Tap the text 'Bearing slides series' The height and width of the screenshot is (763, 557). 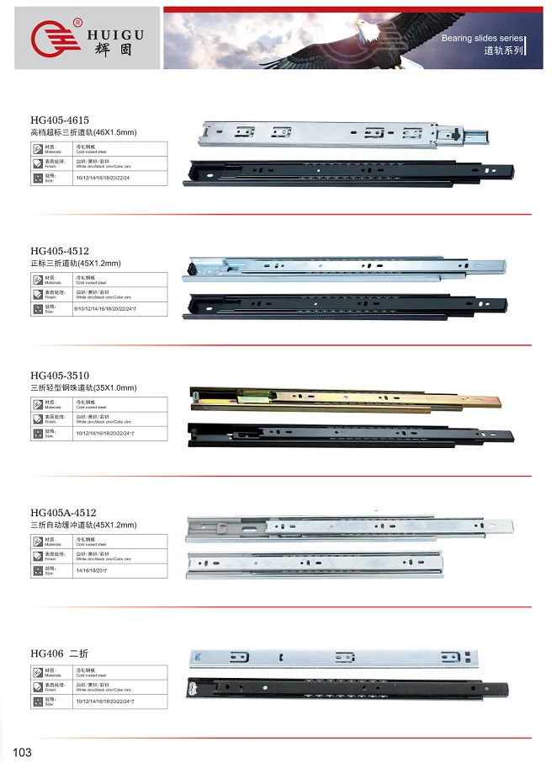(481, 39)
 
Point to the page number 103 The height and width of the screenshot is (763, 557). (22, 751)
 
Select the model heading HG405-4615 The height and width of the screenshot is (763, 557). (60, 120)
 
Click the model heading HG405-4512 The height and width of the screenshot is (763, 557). (60, 251)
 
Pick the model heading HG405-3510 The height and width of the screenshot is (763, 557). (60, 375)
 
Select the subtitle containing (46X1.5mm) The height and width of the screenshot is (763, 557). (83, 133)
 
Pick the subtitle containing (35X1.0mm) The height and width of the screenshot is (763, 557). (83, 387)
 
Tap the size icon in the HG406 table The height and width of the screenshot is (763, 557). (37, 701)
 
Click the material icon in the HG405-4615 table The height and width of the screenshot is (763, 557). (37, 148)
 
